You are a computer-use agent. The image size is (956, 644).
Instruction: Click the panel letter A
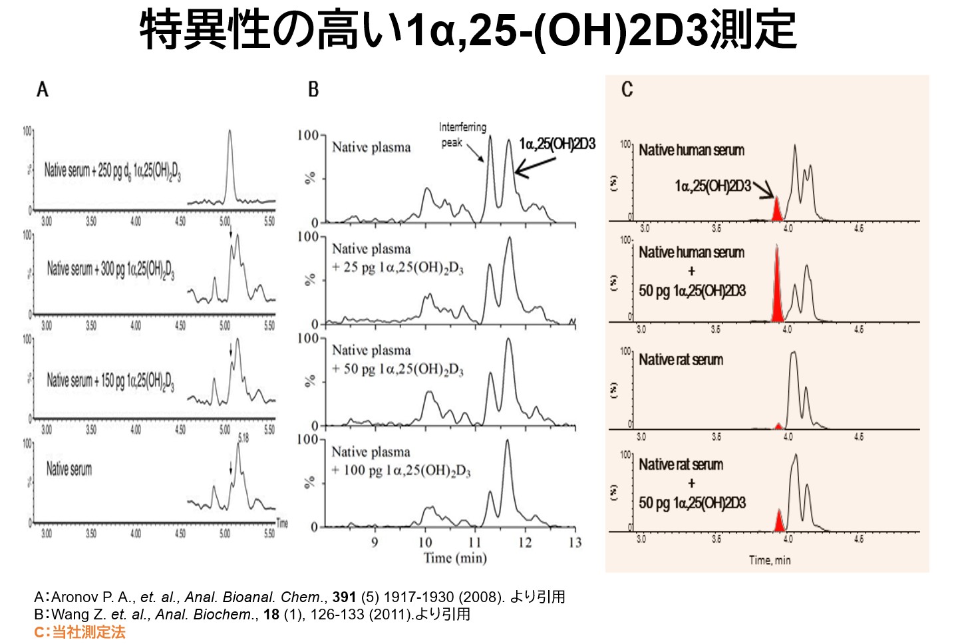tap(43, 89)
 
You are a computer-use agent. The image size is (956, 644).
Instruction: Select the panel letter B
tap(313, 89)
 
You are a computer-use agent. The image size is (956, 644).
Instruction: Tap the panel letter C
tap(627, 89)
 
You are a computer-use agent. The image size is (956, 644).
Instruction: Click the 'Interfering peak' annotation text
tap(462, 134)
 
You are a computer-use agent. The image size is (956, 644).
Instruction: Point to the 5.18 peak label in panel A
tap(243, 437)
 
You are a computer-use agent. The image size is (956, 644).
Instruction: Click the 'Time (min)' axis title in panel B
tap(455, 558)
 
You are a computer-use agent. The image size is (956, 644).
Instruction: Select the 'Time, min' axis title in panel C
tap(770, 560)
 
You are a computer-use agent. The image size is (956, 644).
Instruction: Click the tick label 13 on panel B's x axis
tap(575, 542)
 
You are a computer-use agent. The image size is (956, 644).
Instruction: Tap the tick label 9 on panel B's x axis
tap(375, 542)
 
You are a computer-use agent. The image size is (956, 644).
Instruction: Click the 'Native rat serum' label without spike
tap(681, 360)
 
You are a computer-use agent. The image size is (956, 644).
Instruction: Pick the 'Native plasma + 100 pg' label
tap(401, 461)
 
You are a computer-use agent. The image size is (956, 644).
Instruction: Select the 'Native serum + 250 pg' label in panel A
tap(112, 171)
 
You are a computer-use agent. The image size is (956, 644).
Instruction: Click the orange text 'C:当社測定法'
tap(80, 631)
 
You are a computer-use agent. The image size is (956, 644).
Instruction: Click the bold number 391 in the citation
tap(345, 597)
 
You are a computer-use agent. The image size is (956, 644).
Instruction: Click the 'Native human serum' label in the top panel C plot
tap(691, 150)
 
